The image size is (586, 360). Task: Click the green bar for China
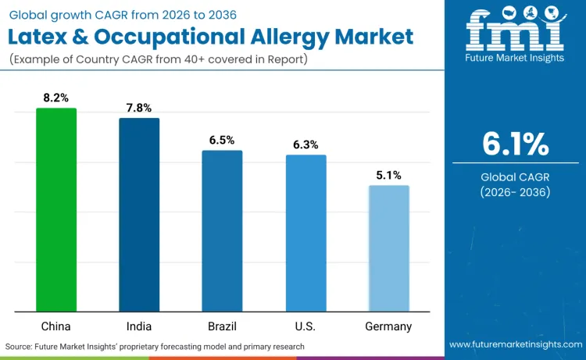pos(56,210)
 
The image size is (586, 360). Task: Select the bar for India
pos(139,215)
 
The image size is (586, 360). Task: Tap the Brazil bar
pos(222,231)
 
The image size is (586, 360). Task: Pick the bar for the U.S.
pos(306,233)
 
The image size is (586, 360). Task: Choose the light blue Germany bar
pos(388,248)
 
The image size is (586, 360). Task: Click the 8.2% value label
pos(56,98)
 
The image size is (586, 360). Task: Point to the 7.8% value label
pos(139,109)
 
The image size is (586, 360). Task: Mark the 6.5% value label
pos(222,141)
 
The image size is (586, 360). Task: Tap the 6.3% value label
pos(306,145)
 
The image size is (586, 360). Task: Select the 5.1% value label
pos(388,176)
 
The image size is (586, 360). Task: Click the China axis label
pos(56,326)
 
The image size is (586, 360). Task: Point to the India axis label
pos(139,326)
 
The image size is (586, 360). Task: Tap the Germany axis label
pos(388,326)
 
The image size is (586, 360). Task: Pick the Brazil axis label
pos(222,326)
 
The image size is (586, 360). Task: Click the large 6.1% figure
pos(516,144)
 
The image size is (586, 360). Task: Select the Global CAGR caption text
pos(516,177)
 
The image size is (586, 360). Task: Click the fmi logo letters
pos(516,32)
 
